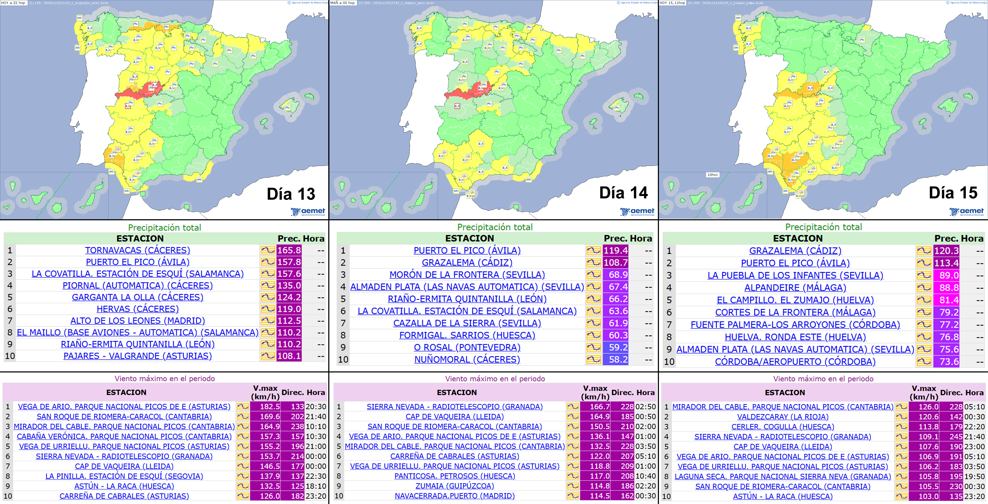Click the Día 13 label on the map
(291, 194)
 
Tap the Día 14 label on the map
(623, 193)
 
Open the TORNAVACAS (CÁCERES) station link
(137, 250)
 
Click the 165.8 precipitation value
(289, 250)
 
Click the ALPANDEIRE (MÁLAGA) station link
(795, 288)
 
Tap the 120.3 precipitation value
(946, 251)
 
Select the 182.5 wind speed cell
(270, 407)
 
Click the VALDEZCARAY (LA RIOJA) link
(783, 417)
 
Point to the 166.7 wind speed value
(600, 407)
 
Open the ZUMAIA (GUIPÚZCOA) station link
(455, 486)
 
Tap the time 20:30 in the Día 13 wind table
(316, 407)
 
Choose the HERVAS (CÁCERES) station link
(137, 309)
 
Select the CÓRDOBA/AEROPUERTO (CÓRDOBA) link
(795, 362)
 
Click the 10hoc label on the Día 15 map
(712, 175)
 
